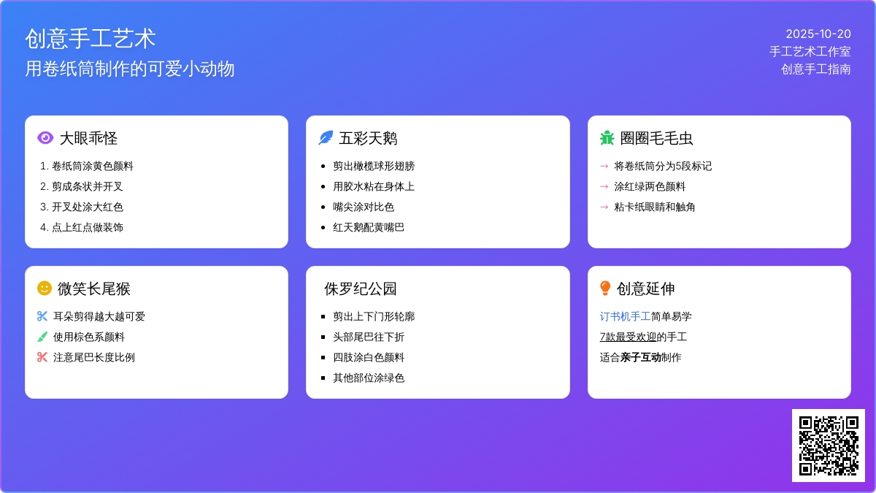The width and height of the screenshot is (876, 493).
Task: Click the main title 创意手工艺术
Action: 91,39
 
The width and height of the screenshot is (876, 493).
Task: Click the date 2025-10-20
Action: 818,34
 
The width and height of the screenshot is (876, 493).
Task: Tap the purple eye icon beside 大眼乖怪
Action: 45,138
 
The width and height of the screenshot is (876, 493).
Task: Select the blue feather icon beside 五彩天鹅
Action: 326,138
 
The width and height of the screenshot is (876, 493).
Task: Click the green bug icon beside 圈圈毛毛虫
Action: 607,138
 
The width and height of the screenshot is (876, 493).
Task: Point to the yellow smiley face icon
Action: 45,288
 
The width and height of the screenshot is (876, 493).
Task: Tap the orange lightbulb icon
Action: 605,288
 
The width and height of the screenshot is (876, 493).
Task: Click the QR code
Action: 829,446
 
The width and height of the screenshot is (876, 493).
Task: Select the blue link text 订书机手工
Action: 625,316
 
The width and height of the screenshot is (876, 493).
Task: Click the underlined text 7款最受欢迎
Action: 628,337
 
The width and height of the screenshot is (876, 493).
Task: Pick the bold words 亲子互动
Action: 641,357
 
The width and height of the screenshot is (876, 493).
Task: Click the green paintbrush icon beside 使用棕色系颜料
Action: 42,337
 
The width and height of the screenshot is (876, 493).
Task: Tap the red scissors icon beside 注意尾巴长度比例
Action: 42,357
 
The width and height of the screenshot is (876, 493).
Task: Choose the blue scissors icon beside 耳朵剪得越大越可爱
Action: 42,316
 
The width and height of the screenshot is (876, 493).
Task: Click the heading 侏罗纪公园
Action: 360,288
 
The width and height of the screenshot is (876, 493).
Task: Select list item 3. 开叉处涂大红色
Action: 82,207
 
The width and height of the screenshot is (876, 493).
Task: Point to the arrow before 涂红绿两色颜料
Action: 604,187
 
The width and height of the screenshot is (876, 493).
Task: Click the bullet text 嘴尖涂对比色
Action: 364,207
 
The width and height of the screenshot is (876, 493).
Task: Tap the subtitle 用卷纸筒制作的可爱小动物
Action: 130,69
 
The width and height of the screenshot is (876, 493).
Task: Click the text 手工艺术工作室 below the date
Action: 810,52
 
